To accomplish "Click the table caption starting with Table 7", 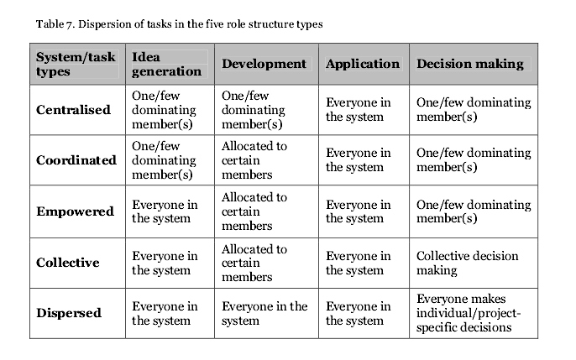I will click(179, 24).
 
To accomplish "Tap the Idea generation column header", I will click(168, 64).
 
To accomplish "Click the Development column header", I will click(264, 64).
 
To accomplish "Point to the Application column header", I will click(363, 64).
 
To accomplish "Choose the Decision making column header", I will click(470, 64).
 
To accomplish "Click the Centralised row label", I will click(73, 110).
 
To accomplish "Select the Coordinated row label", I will click(76, 160).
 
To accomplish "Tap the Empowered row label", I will click(75, 211).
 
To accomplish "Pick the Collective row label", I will click(68, 263).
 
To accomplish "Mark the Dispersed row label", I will click(69, 313).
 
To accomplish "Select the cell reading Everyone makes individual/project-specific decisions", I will click(469, 313).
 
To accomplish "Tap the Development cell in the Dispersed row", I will click(264, 313).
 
